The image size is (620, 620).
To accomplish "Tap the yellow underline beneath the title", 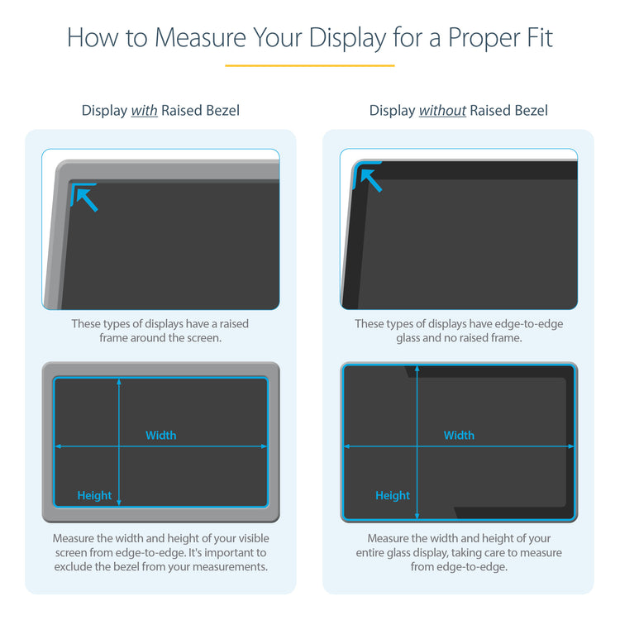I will (309, 65).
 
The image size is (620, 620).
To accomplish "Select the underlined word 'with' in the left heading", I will (144, 110).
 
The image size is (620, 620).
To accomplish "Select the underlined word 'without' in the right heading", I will (442, 110).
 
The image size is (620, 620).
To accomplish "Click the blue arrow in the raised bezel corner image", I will (84, 198).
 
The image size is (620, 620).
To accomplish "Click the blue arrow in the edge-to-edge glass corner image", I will (369, 178).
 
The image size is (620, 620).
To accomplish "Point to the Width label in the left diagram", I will (161, 435).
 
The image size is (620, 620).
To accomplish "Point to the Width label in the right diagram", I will (459, 435).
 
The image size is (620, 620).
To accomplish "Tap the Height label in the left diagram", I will (94, 495).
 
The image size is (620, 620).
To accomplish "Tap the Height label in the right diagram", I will (392, 495).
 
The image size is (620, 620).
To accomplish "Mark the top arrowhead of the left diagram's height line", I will (120, 381).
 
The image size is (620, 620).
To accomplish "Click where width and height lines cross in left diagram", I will (120, 446).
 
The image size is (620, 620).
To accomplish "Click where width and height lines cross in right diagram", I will (417, 446).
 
